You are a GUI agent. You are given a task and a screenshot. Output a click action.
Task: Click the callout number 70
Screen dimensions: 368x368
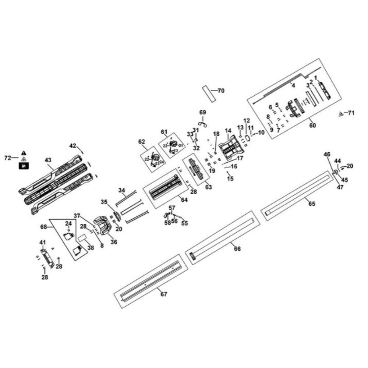[221, 91]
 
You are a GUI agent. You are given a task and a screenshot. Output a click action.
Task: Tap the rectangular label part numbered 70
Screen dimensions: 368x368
[208, 94]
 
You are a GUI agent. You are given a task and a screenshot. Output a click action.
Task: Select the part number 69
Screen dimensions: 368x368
[202, 112]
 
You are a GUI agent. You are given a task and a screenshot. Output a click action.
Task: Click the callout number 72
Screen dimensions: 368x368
[7, 158]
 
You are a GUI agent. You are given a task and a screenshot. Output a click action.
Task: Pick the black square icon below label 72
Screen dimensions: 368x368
[24, 166]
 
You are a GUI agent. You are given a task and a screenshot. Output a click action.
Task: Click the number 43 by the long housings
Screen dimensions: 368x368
[48, 160]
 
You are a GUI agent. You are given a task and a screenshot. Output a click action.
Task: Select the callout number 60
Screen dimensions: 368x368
[312, 126]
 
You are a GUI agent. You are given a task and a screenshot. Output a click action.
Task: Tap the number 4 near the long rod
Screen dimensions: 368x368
[293, 86]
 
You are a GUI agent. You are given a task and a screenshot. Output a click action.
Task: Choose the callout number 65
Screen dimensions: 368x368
[312, 204]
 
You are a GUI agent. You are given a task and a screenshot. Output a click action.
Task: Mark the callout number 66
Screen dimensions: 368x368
[237, 249]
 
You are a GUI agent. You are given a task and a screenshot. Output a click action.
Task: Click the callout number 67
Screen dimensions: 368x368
[164, 294]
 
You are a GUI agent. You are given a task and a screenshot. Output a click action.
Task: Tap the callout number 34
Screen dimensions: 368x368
[122, 190]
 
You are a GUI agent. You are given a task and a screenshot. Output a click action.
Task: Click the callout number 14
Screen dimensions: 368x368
[228, 131]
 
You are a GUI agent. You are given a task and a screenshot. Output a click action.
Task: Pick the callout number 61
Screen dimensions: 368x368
[164, 132]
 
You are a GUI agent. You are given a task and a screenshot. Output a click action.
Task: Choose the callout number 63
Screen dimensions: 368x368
[209, 187]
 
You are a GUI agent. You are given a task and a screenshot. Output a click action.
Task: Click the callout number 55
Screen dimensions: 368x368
[184, 223]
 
